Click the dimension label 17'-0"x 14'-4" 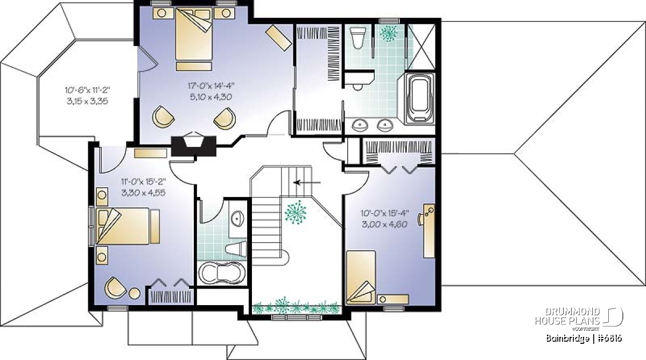pos(211,86)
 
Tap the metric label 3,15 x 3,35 pos(87,101)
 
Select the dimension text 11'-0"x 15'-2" pos(143,181)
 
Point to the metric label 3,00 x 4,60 pos(384,224)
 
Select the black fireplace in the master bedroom pos(194,146)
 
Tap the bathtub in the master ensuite pos(419,99)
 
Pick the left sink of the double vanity pos(360,125)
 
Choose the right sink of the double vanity pos(385,125)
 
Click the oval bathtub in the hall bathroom pos(222,273)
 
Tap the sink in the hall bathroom pos(237,219)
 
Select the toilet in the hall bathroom pos(236,249)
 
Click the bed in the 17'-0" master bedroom pos(194,39)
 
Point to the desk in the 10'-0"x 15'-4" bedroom pos(429,231)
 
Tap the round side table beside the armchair pos(135,294)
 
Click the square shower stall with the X pos(421,46)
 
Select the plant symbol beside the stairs pos(296,213)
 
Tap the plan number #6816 pos(609,338)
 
